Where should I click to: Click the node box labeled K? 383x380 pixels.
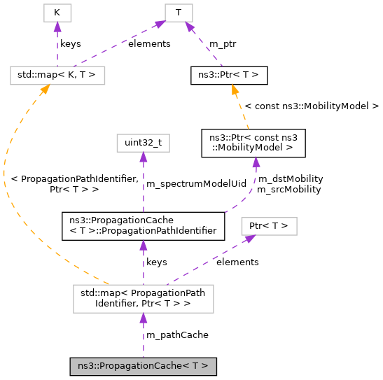[57, 13]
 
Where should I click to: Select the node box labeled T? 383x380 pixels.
[179, 13]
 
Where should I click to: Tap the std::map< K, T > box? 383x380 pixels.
[57, 74]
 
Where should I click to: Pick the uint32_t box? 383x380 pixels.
[143, 143]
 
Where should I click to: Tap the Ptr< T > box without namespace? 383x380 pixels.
[269, 226]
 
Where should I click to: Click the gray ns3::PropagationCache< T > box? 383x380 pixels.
[143, 365]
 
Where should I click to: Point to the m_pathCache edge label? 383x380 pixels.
[176, 335]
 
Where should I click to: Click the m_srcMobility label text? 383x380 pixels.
[288, 189]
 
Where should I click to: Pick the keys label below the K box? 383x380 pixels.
[70, 43]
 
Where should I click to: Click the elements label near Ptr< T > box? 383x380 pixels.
[237, 262]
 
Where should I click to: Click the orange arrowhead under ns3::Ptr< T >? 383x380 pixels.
[235, 90]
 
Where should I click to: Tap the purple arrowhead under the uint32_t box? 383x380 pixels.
[143, 160]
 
